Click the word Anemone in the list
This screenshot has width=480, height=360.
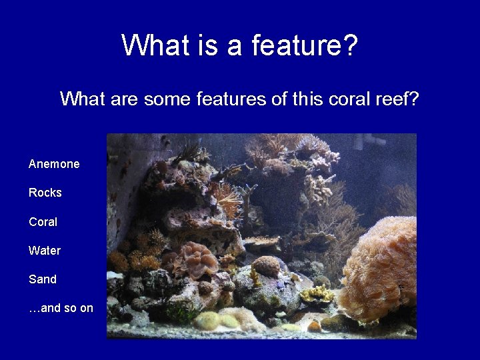[x=54, y=164]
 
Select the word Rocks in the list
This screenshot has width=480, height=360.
[x=45, y=193]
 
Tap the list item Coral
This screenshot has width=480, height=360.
[x=43, y=221]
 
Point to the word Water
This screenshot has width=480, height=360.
[x=45, y=251]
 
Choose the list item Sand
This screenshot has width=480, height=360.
[x=43, y=279]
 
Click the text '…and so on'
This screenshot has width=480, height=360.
[x=61, y=308]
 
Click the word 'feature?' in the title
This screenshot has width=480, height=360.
[x=305, y=46]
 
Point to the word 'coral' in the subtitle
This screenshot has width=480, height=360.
[x=348, y=99]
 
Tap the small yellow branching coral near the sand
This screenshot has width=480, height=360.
[x=317, y=293]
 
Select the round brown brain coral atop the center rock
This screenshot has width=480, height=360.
[x=267, y=266]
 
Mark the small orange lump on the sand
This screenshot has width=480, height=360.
[x=314, y=326]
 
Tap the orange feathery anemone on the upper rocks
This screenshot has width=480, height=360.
[x=225, y=198]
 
